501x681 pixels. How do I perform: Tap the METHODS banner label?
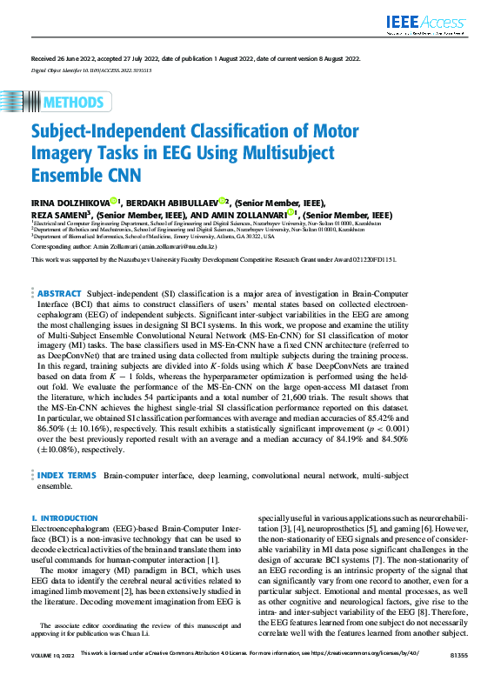[x=72, y=101]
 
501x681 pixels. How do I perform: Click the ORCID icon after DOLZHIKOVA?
[x=114, y=201]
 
